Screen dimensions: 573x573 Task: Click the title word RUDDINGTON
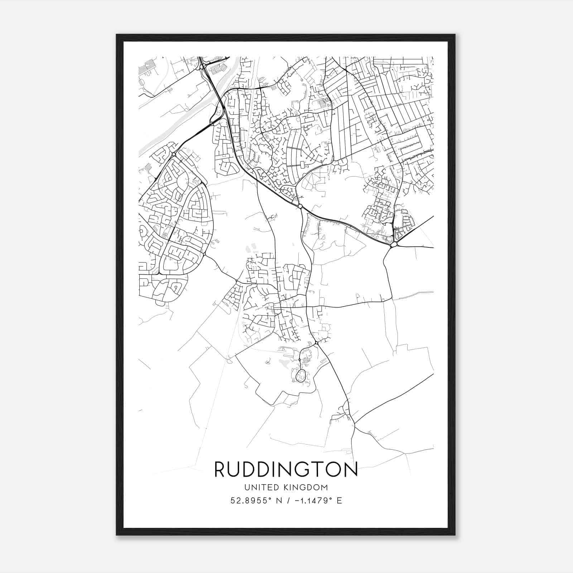[286, 470]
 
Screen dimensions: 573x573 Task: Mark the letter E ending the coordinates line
[340, 501]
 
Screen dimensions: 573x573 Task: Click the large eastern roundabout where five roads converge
[394, 245]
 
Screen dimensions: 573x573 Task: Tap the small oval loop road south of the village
[300, 375]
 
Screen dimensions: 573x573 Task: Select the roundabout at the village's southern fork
[317, 343]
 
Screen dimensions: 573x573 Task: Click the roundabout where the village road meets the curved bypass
[300, 206]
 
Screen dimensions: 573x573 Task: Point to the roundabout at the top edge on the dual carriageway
[202, 67]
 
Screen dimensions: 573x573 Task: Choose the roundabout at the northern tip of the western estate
[173, 154]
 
